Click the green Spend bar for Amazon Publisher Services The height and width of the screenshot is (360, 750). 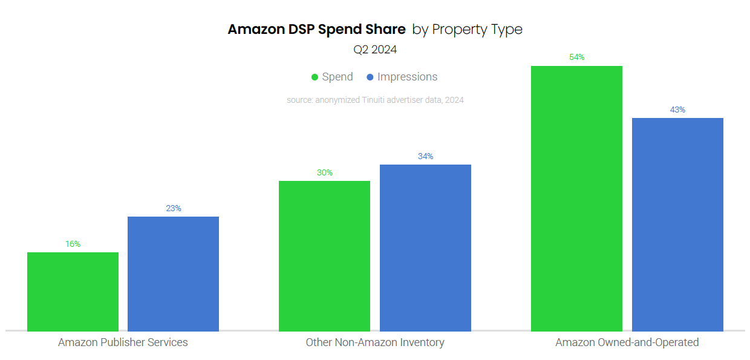pos(73,292)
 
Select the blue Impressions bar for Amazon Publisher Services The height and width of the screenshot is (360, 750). pos(173,273)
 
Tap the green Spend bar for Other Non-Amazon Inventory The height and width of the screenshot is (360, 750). pos(324,256)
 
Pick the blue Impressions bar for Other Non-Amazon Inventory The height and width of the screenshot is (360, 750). pos(425,247)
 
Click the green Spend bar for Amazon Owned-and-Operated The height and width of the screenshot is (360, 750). pos(576,198)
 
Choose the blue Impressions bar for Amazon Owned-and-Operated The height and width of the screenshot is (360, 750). pos(677,224)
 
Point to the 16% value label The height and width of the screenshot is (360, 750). pos(73,244)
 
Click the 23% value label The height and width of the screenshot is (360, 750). pos(174,208)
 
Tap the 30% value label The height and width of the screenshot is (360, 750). pos(325,172)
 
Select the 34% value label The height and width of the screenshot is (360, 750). pos(425,156)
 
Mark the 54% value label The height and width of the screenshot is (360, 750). pos(576,57)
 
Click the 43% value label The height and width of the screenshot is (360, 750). pos(677,110)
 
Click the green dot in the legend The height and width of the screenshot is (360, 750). pos(315,77)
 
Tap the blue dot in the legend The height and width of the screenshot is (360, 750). pos(370,77)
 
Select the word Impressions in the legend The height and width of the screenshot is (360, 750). pos(407,77)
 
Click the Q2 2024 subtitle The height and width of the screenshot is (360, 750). pos(375,50)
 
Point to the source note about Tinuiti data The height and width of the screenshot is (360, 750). pos(375,100)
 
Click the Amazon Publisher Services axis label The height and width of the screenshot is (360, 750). pos(123,342)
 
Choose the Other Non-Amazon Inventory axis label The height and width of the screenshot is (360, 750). pos(375,342)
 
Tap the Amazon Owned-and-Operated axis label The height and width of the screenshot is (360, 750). pos(627,342)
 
